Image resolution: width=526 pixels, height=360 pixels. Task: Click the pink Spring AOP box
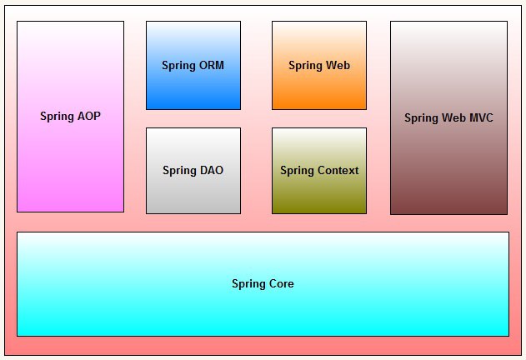[71, 117]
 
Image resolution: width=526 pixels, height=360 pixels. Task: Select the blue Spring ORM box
[193, 66]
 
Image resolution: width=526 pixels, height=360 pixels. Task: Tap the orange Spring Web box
[319, 66]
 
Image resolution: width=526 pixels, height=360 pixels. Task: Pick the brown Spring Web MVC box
[448, 117]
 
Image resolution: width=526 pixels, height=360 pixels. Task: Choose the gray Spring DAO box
[193, 171]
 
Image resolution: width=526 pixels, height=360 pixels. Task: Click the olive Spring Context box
[319, 171]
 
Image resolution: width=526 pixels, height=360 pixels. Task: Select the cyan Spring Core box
[263, 284]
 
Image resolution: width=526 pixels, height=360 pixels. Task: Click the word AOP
[89, 116]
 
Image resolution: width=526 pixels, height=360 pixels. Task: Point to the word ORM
[212, 65]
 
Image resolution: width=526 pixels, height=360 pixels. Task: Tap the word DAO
[212, 170]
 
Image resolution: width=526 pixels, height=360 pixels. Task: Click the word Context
[338, 170]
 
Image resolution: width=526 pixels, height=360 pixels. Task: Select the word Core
[282, 283]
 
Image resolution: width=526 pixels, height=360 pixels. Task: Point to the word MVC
[481, 117]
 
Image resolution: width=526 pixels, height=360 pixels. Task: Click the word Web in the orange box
[338, 65]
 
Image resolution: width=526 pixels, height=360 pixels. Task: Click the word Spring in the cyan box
[249, 284]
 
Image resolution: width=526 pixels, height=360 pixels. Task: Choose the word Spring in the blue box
[178, 66]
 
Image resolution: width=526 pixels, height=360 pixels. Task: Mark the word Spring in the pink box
[58, 117]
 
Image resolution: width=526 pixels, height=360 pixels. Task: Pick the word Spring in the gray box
[180, 171]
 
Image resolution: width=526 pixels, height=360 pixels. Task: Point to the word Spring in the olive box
[298, 171]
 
